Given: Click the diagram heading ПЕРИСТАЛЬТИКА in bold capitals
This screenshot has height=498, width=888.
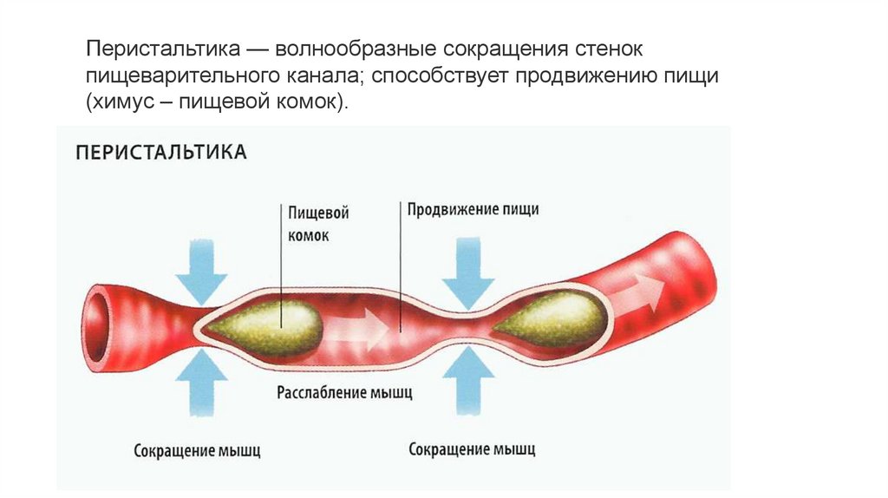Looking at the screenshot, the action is (x=161, y=153).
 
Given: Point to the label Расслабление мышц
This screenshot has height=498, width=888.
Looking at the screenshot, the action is (x=344, y=391).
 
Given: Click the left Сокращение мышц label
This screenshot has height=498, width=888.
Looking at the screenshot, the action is (x=197, y=450).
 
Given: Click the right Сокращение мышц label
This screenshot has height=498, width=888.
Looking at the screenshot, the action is (x=472, y=449).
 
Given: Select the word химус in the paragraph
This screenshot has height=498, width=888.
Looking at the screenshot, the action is (x=125, y=102).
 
